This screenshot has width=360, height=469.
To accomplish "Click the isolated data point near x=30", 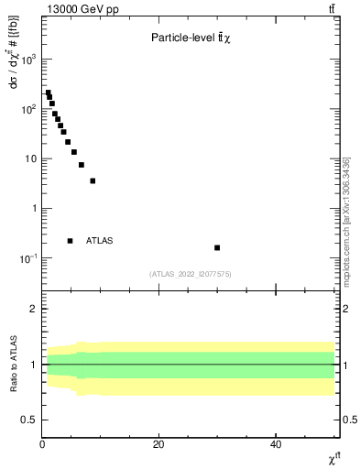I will [217, 247].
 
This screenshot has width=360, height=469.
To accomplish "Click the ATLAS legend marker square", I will [70, 241].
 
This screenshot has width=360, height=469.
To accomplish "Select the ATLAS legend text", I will [99, 241].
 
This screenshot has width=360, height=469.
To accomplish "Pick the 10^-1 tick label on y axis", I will [27, 258].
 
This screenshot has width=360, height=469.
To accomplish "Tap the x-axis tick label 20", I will [158, 444].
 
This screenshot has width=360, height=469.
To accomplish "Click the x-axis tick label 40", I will [276, 444].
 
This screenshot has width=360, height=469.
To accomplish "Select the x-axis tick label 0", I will [42, 444].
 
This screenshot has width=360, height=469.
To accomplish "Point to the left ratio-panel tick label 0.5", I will [30, 420].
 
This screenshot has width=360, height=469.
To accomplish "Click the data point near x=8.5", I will [93, 180].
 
